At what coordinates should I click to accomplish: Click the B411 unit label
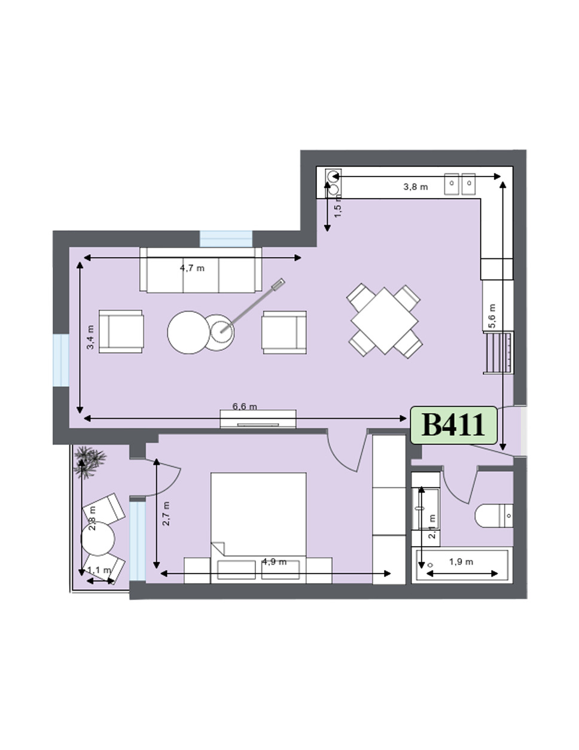tap(453, 425)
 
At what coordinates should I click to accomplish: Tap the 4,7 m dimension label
tap(192, 268)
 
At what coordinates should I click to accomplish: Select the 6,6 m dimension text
tap(245, 407)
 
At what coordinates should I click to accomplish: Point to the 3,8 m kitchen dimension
tap(416, 187)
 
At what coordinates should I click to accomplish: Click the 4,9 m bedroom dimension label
tap(274, 562)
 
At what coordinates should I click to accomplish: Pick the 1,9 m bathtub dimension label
tap(461, 562)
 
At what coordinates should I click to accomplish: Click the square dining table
tap(385, 321)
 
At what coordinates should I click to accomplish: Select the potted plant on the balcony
tap(90, 461)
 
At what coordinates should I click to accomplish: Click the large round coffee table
tap(189, 333)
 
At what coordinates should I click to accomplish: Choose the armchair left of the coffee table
tap(121, 331)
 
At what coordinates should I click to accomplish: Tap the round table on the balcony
tap(98, 539)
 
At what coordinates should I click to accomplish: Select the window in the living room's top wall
tap(225, 239)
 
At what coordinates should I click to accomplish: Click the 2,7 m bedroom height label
tap(166, 513)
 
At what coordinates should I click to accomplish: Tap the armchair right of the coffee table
tap(284, 331)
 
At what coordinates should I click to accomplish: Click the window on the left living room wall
tap(61, 360)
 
